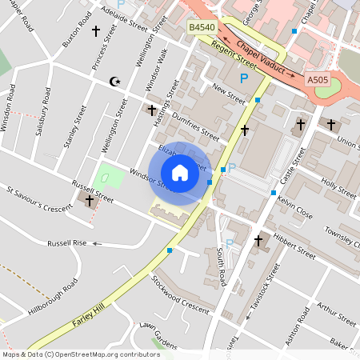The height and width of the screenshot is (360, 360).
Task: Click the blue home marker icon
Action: tap(180, 173)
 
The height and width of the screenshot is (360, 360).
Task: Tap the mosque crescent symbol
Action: tap(114, 82)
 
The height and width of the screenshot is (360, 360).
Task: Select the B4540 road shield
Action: tap(202, 28)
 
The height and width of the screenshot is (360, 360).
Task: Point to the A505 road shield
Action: tap(318, 80)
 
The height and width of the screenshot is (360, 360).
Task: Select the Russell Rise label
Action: tap(66, 242)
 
